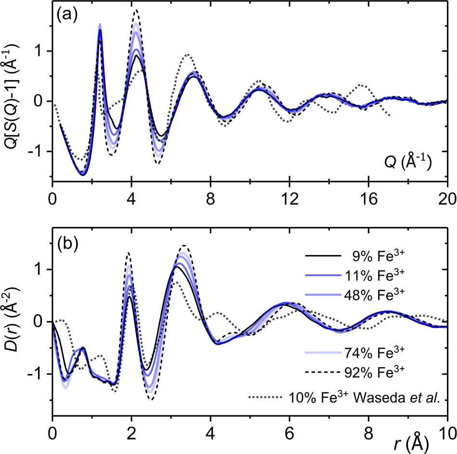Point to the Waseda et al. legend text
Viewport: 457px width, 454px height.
366,398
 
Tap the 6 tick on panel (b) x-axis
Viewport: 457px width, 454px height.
289,427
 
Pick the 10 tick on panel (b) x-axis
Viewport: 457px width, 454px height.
447,427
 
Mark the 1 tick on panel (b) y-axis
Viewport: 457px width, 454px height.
43,269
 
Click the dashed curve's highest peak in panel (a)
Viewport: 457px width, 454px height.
136,10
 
